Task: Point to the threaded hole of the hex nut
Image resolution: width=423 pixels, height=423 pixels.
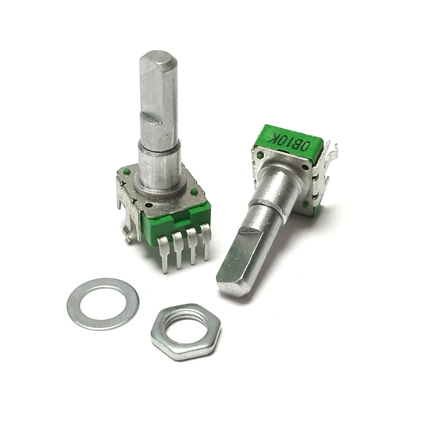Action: click(186, 326)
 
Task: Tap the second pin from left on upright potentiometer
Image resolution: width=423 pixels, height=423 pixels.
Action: click(179, 250)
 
